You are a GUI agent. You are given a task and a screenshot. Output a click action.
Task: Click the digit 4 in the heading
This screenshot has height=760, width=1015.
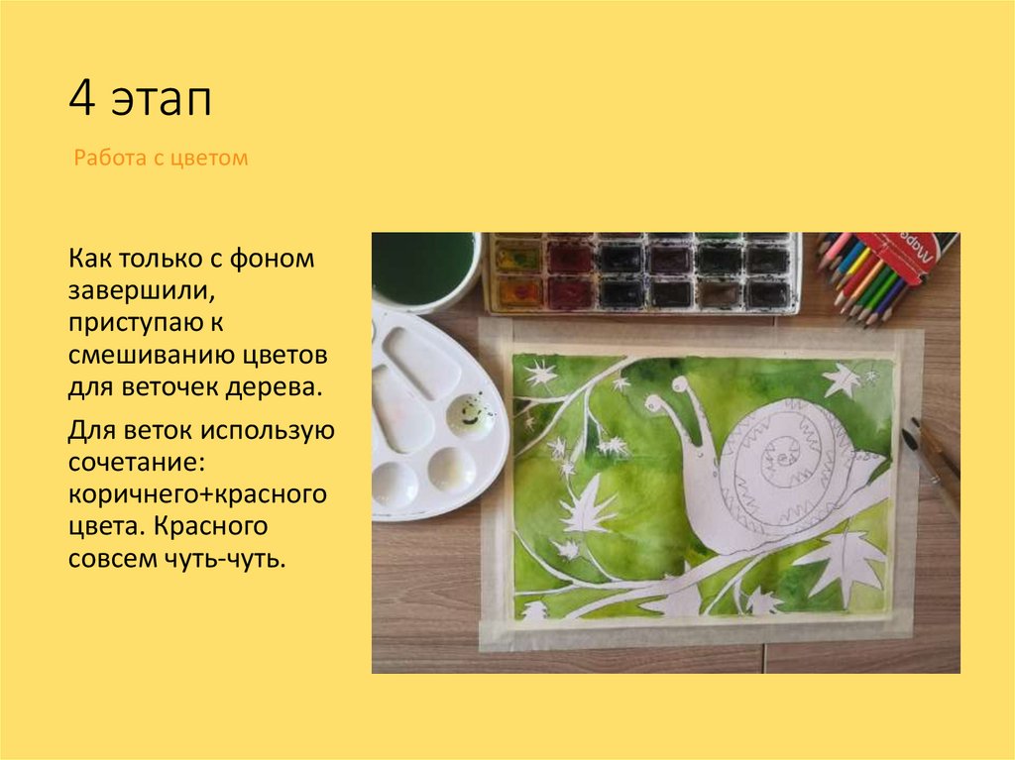(81, 100)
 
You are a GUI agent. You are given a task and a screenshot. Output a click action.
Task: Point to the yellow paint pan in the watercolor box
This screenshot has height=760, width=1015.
(516, 260)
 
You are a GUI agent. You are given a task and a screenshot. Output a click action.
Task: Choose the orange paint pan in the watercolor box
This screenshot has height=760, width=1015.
(516, 293)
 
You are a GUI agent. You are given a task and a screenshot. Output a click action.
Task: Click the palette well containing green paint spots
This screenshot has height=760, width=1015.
(470, 413)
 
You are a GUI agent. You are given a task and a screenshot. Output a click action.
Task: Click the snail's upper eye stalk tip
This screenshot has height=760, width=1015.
(679, 382)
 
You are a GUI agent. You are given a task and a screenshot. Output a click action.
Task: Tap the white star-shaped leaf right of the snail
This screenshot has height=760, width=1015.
(843, 380)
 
